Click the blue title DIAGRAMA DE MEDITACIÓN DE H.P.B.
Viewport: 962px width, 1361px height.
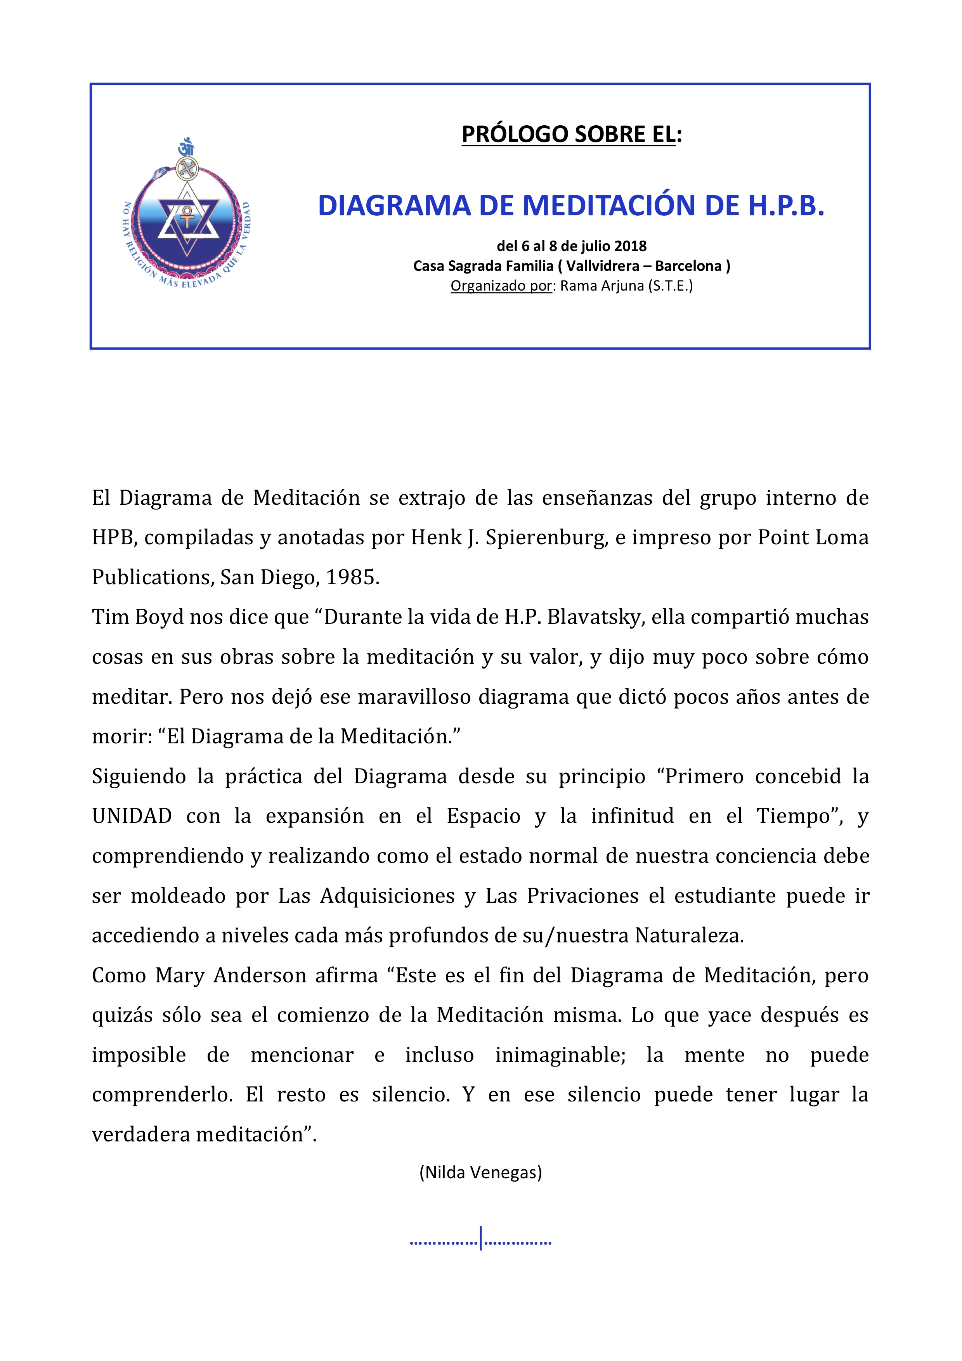(x=571, y=206)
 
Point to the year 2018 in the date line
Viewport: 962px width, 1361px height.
(x=630, y=246)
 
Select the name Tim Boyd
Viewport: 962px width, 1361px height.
(x=137, y=617)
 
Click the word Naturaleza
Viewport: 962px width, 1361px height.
(x=689, y=935)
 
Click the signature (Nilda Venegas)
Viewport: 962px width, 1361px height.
(x=481, y=1172)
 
